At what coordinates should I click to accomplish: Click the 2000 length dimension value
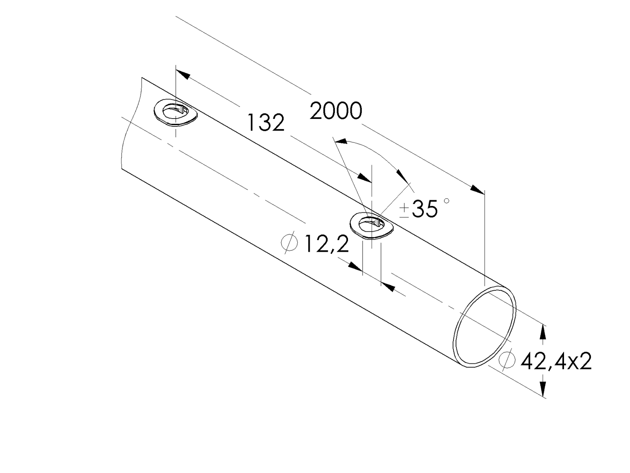336,111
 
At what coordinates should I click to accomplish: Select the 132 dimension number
266,123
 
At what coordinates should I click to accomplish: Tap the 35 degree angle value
424,209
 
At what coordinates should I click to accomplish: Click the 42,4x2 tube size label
556,362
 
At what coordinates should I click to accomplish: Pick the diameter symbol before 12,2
289,242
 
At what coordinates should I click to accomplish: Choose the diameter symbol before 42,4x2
506,360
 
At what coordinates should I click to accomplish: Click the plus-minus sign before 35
404,210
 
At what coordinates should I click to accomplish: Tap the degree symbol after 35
446,201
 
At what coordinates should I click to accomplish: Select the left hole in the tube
175,112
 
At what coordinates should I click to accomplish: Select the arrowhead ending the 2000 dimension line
478,189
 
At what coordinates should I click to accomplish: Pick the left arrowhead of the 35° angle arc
341,142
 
